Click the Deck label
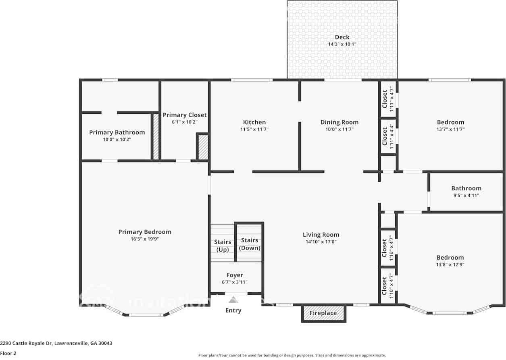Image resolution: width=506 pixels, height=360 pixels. click(x=342, y=37)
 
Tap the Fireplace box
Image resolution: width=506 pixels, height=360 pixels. click(x=323, y=313)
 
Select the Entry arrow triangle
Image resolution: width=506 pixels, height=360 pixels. click(x=233, y=300)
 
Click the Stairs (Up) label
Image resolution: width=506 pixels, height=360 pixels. click(x=223, y=246)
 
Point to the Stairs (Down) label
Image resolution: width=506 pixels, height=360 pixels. click(x=250, y=244)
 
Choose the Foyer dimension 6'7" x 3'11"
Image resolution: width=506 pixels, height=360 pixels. click(x=235, y=282)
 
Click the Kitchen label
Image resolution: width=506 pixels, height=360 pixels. click(x=254, y=122)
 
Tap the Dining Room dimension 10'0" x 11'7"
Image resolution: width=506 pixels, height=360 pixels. click(x=339, y=129)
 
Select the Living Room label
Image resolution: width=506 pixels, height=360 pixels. click(x=321, y=235)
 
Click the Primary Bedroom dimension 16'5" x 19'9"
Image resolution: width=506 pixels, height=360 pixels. click(x=144, y=239)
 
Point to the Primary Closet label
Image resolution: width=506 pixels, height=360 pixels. click(x=185, y=115)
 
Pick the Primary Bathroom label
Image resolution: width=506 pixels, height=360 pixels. click(x=117, y=132)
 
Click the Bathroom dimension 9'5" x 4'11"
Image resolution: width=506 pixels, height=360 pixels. click(x=466, y=196)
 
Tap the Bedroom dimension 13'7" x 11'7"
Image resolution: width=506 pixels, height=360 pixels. click(x=450, y=129)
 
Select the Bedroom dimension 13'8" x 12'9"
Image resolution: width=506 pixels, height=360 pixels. click(x=450, y=265)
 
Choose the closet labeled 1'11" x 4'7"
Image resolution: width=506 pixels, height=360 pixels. click(x=388, y=99)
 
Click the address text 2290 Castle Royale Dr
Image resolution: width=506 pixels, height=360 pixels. click(x=56, y=343)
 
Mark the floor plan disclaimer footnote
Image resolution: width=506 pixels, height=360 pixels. click(x=292, y=355)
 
